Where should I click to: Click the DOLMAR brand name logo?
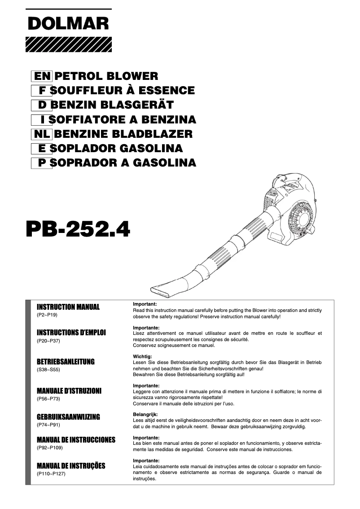point(68,23)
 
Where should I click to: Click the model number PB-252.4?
point(78,229)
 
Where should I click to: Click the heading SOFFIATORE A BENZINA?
point(123,119)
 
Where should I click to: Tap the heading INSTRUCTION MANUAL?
point(68,307)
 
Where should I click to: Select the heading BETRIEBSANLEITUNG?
point(66,362)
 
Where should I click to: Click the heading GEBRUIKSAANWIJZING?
point(68,417)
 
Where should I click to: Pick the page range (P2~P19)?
point(47,315)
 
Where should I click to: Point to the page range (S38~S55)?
point(48,370)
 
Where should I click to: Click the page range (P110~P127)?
point(51,474)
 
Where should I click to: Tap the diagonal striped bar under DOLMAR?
point(68,44)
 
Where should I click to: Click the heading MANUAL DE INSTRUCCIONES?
point(76,440)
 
